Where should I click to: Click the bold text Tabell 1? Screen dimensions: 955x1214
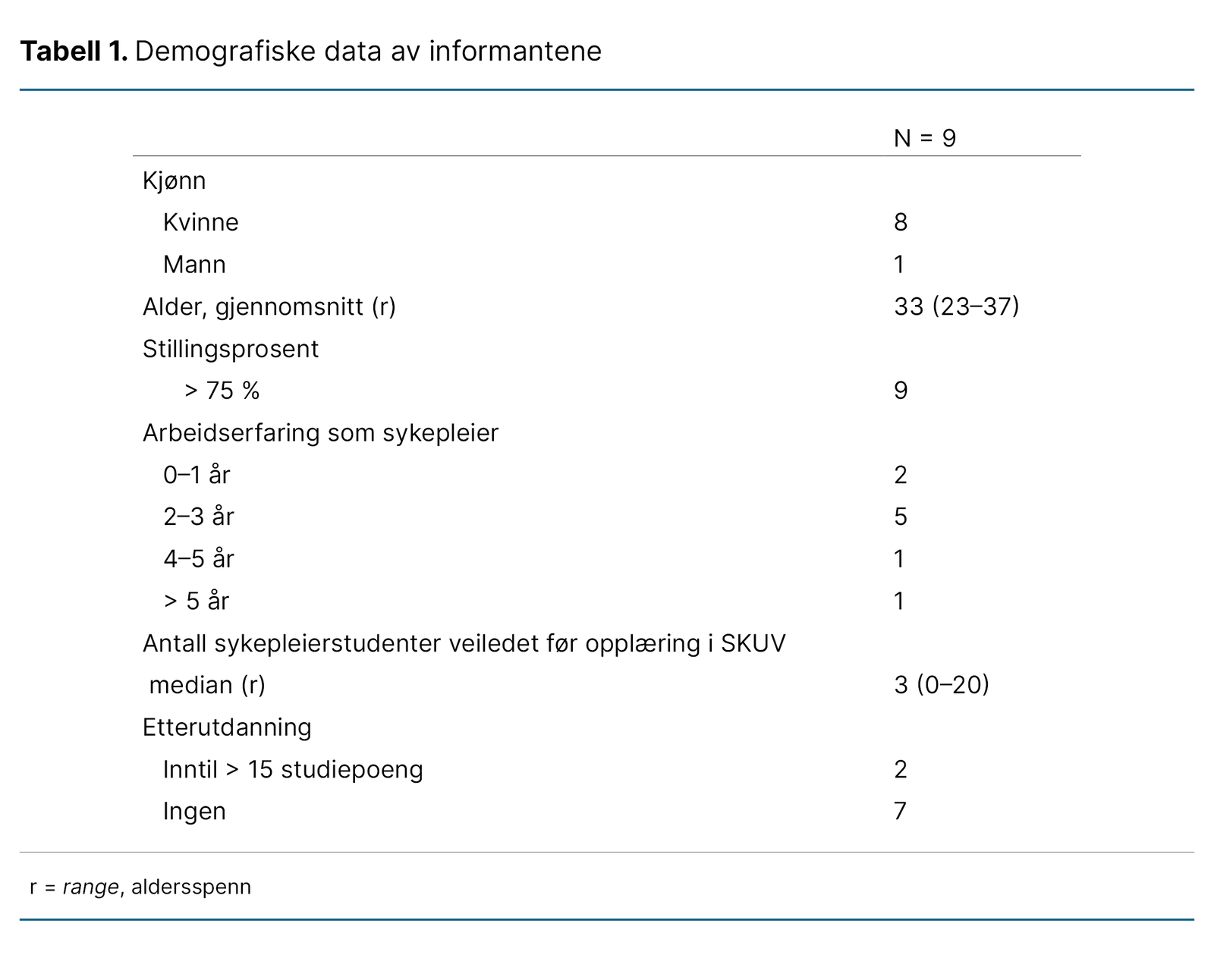coord(74,52)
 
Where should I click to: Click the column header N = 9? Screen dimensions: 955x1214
coord(924,138)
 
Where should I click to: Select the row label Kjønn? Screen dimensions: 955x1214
coord(174,181)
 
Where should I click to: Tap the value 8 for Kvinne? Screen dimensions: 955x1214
coord(901,222)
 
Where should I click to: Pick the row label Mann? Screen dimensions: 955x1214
coord(194,265)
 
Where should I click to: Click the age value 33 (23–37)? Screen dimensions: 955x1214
coord(956,306)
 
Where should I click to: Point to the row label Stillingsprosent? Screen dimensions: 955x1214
coord(231,349)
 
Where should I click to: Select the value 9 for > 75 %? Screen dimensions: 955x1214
coord(901,391)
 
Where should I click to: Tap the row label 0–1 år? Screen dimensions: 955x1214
coord(197,475)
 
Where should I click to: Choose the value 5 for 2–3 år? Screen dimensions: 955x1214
coord(901,517)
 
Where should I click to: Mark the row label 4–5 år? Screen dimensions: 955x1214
coord(198,559)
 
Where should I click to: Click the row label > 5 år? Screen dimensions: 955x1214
coord(196,602)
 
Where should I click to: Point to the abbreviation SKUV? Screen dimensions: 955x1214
coord(753,643)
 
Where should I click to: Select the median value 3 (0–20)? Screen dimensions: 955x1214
coord(941,685)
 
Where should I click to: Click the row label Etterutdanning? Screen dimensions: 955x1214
coord(227,727)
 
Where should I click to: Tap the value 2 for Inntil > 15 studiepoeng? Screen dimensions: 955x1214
coord(901,769)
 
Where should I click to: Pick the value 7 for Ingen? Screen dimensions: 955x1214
coord(901,812)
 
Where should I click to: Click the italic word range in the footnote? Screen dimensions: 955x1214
coord(91,887)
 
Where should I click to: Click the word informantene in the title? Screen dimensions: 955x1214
coord(515,52)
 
